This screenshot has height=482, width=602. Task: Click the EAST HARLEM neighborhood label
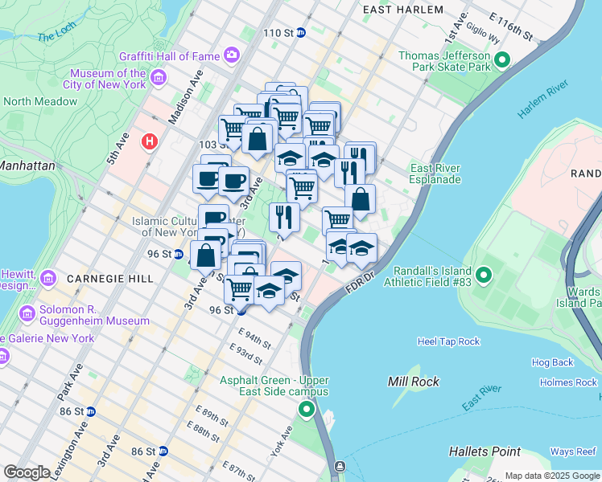click(x=402, y=10)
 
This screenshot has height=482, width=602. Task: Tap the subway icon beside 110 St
click(x=301, y=33)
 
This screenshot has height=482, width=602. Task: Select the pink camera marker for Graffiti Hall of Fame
click(x=232, y=55)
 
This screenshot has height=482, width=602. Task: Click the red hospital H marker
click(x=149, y=142)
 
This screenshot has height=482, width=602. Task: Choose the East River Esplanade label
click(x=435, y=174)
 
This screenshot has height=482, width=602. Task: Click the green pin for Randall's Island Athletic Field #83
click(x=483, y=276)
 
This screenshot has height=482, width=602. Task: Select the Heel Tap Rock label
click(x=448, y=341)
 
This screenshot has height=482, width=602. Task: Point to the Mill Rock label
click(x=414, y=382)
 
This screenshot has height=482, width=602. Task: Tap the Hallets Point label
click(x=484, y=451)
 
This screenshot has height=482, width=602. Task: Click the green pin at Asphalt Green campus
click(x=306, y=411)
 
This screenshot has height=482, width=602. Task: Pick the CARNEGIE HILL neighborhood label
click(x=109, y=279)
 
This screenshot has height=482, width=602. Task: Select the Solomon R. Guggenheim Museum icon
click(x=28, y=312)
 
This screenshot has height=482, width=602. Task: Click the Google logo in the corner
click(x=27, y=472)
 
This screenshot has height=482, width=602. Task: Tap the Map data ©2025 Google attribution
click(x=551, y=476)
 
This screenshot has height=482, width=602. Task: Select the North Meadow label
click(x=40, y=102)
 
